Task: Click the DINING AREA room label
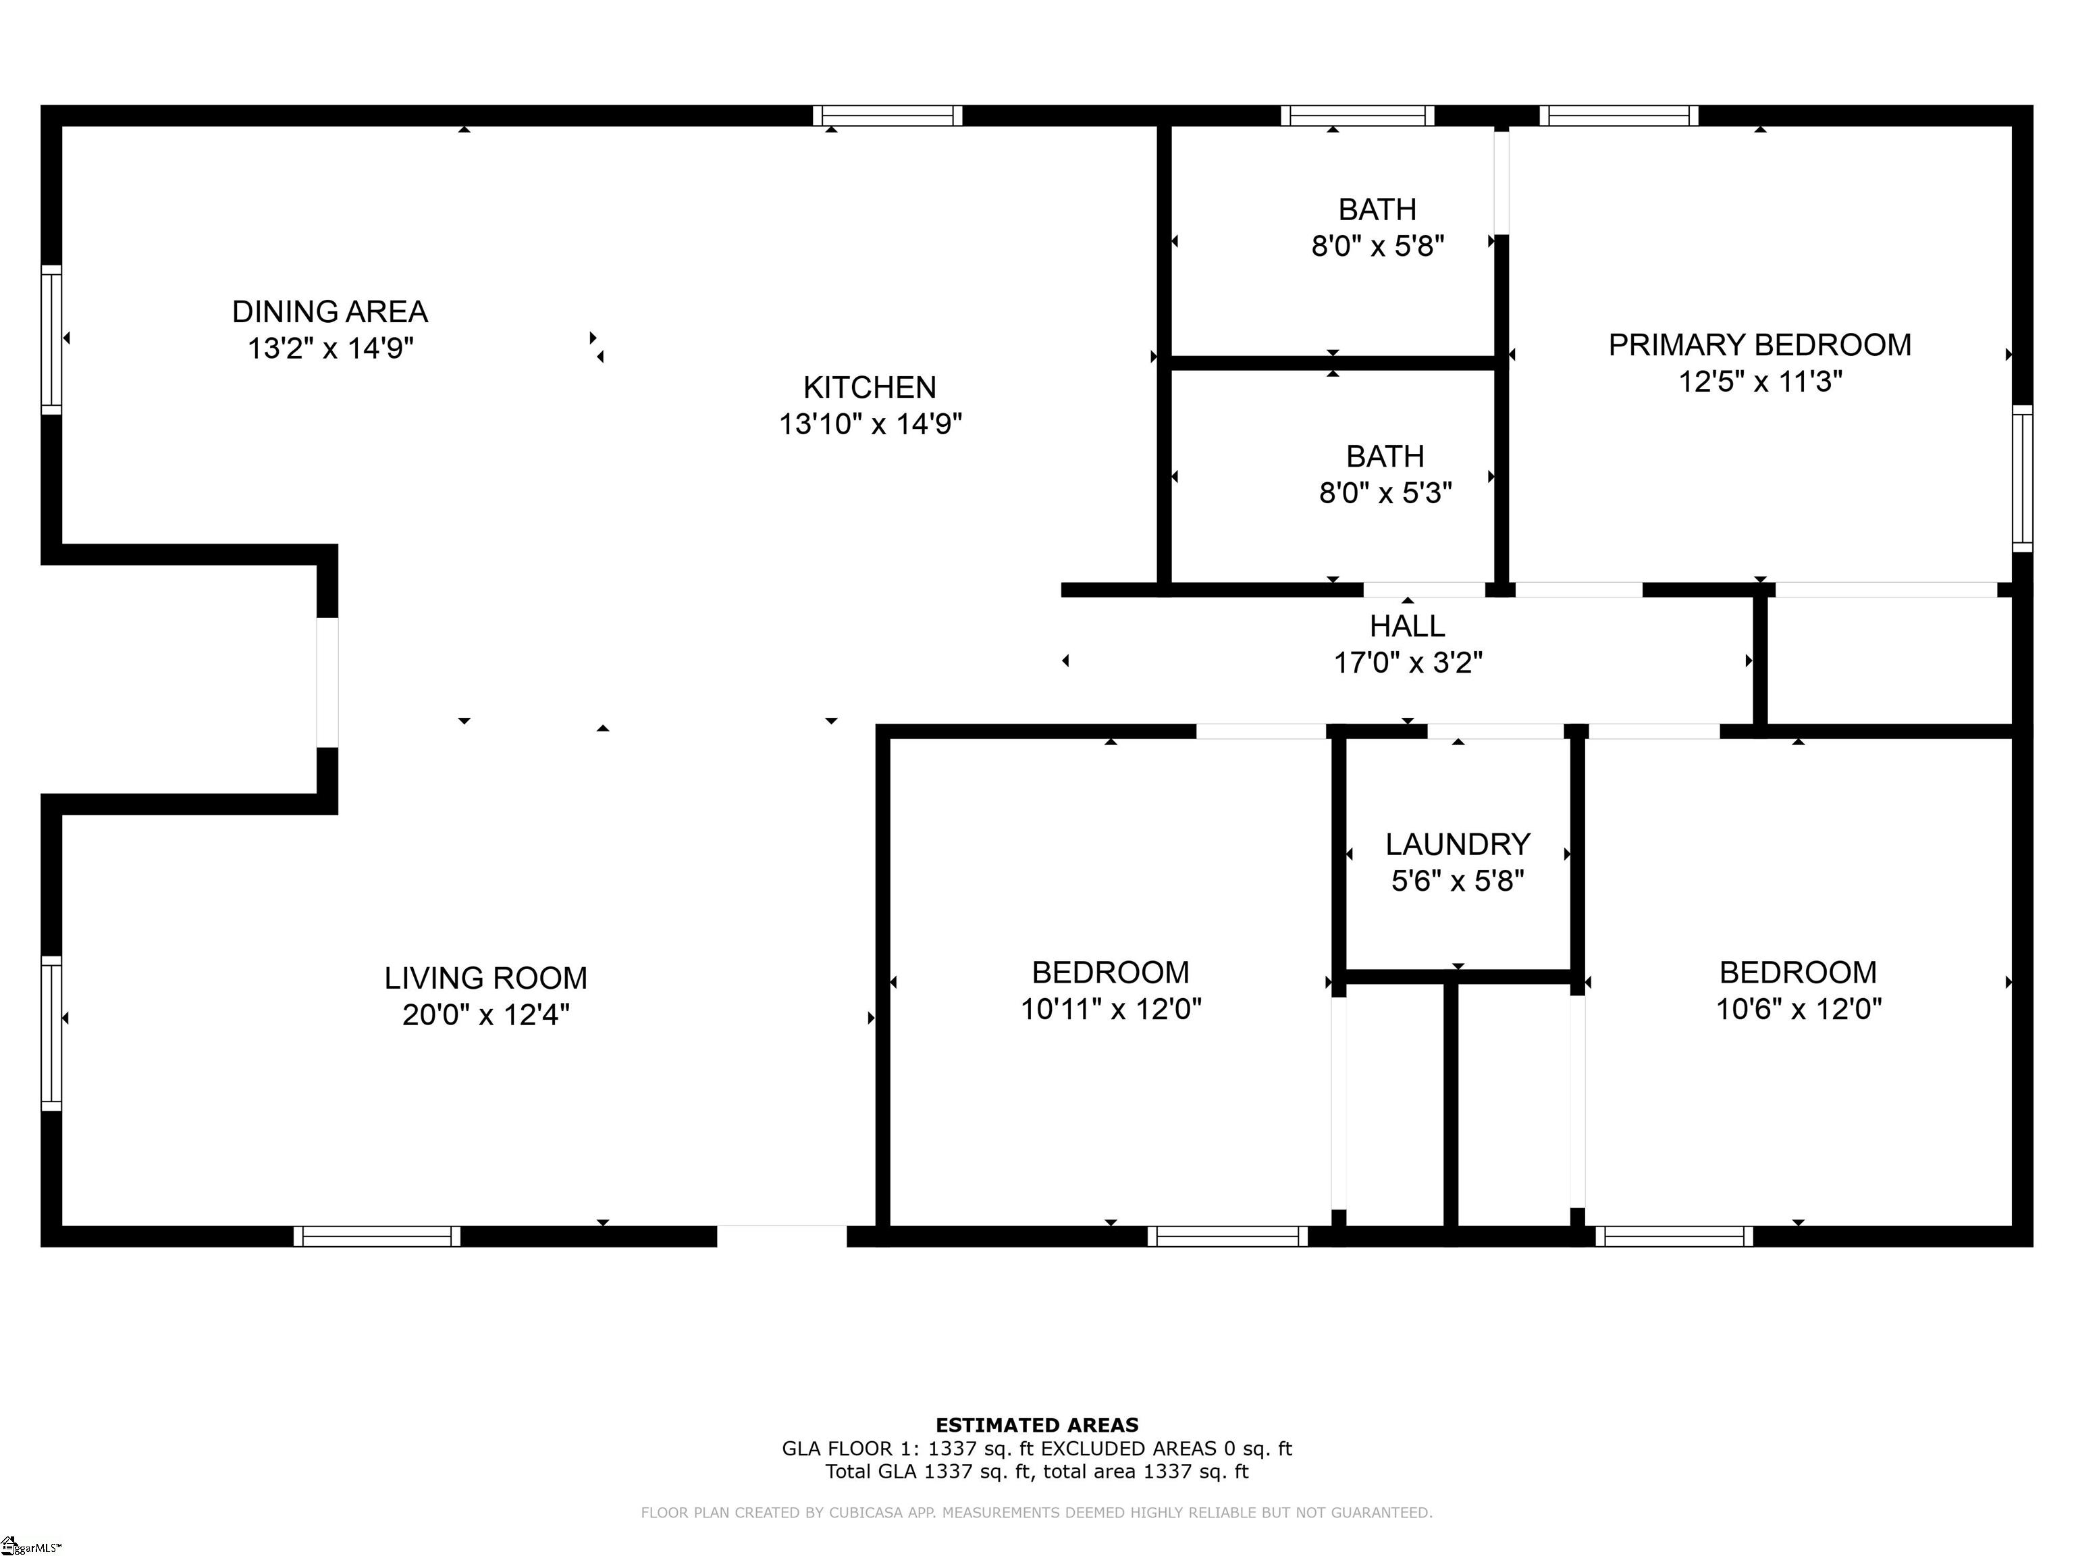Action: click(330, 311)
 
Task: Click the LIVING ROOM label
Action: click(485, 979)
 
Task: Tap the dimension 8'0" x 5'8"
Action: click(1377, 246)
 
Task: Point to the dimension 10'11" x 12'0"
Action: click(1111, 1009)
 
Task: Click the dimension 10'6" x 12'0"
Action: click(1799, 1009)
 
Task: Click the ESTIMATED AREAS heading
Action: click(1037, 1426)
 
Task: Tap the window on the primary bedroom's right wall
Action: click(2023, 478)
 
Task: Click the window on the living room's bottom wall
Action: click(377, 1236)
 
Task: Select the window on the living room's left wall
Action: click(51, 1033)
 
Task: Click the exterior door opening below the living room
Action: click(782, 1235)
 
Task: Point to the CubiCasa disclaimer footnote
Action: click(1037, 1512)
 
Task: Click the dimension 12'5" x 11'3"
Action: click(1761, 382)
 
